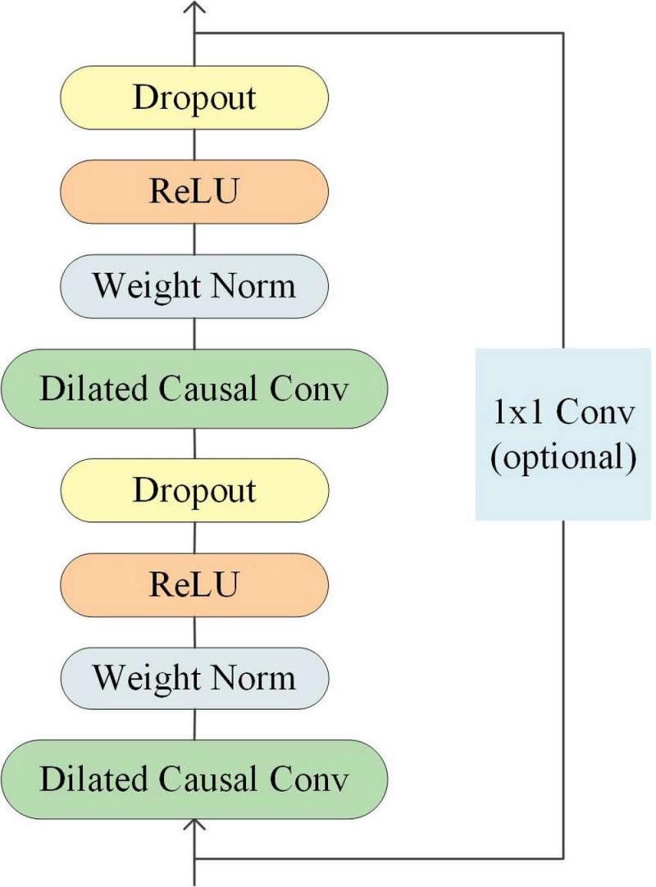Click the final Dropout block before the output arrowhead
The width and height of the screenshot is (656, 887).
pyautogui.click(x=194, y=98)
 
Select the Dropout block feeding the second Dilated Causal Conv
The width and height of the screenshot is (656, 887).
pyautogui.click(x=194, y=489)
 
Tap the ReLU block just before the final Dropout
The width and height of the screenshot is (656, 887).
pyautogui.click(x=194, y=192)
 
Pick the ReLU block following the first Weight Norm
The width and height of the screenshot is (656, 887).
pyautogui.click(x=194, y=584)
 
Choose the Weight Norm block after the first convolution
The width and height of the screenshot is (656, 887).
pyautogui.click(x=194, y=678)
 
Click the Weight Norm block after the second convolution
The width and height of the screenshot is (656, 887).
pyautogui.click(x=194, y=286)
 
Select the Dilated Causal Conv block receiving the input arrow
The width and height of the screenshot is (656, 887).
pyautogui.click(x=194, y=778)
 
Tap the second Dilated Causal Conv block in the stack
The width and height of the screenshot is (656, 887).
pyautogui.click(x=194, y=389)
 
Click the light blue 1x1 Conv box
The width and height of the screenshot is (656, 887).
pyautogui.click(x=563, y=434)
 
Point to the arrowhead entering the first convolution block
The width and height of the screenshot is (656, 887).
pyautogui.click(x=194, y=821)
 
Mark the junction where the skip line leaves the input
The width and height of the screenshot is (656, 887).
pyautogui.click(x=194, y=858)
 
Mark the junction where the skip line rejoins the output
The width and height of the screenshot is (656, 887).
pyautogui.click(x=194, y=34)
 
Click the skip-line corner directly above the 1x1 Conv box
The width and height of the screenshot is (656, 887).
pyautogui.click(x=563, y=34)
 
